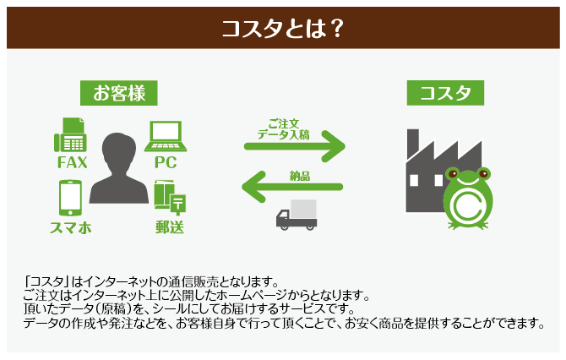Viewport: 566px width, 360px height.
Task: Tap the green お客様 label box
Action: point(118,92)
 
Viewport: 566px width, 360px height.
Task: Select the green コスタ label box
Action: point(444,93)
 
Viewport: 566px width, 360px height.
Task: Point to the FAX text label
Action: point(72,162)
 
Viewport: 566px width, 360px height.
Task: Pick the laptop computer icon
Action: point(166,135)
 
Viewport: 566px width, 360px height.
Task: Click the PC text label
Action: point(166,162)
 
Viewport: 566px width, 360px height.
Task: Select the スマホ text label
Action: point(71,227)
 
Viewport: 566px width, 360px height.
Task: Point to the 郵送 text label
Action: point(169,227)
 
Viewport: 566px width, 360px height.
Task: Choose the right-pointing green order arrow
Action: point(295,146)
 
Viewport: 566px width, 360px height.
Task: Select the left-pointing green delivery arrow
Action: point(294,187)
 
